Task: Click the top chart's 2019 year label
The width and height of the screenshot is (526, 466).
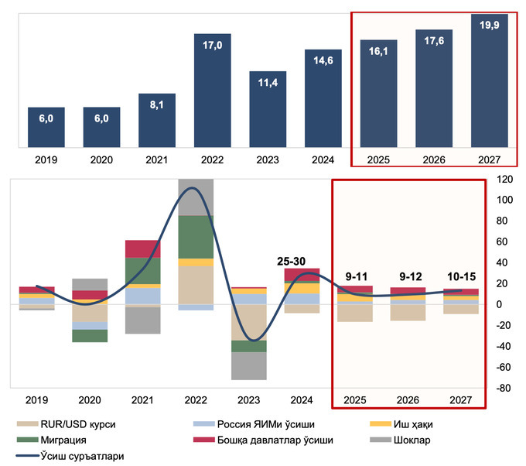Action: (46, 160)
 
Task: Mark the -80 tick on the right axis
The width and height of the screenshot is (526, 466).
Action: (502, 389)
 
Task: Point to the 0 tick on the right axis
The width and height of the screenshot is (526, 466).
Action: (502, 305)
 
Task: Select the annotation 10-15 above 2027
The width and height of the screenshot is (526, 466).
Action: (462, 276)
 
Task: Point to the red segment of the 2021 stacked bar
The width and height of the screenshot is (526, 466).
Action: (142, 248)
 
